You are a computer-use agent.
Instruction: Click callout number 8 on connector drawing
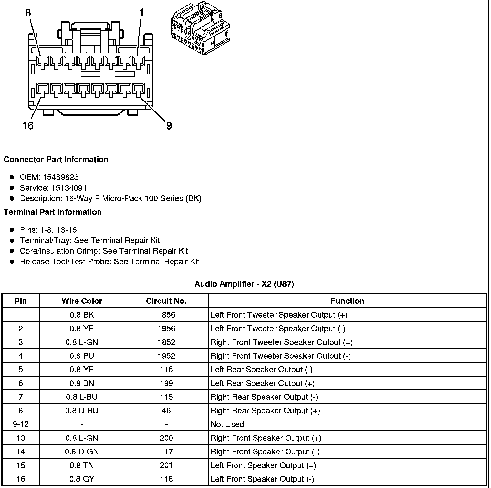pos(28,13)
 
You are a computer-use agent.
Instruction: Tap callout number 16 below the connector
pos(28,125)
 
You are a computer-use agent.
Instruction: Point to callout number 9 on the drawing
pos(169,126)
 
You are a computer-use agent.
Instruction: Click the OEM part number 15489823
pos(60,177)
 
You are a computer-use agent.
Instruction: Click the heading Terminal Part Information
pos(53,212)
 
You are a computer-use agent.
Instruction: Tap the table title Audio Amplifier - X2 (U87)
pos(244,284)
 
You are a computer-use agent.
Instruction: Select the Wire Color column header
pos(82,301)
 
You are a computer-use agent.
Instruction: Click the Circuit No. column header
pos(166,301)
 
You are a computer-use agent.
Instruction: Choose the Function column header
pos(347,301)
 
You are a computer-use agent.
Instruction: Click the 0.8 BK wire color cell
pos(82,315)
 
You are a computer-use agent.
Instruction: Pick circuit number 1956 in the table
pos(166,329)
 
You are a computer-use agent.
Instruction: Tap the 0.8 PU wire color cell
pos(82,356)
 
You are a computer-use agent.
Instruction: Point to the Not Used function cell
pos(227,424)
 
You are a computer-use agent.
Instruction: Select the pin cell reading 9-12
pos(21,424)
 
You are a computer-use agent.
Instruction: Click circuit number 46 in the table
pos(166,411)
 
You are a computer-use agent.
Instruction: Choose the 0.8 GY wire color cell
pos(82,479)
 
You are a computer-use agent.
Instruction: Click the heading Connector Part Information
pos(56,159)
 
